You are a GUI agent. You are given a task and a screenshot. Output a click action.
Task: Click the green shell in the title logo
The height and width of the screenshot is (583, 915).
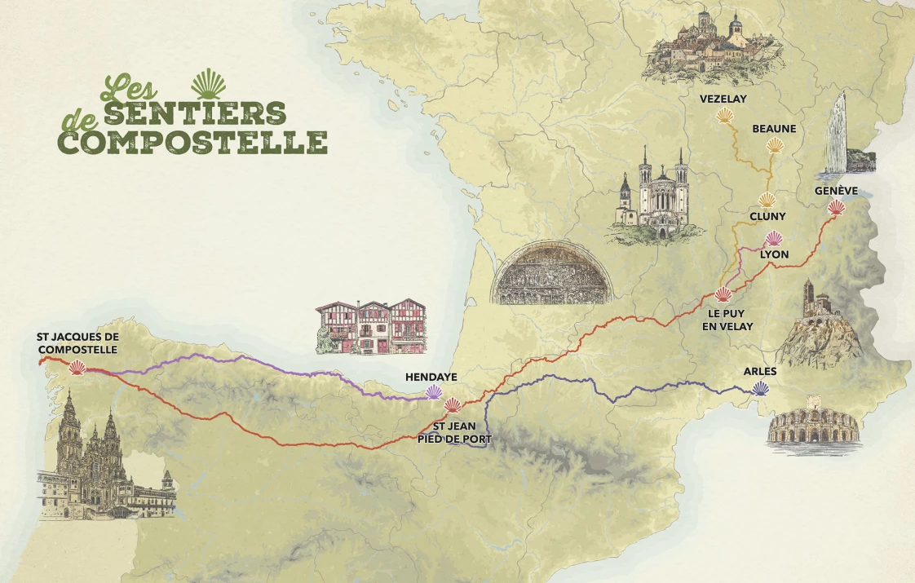click(208, 84)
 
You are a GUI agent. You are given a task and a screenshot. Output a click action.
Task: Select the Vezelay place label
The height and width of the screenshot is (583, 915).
click(723, 99)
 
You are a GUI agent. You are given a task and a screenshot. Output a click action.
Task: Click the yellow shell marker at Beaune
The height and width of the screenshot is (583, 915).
click(774, 146)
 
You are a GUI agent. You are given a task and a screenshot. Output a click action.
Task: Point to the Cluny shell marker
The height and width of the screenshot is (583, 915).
click(767, 200)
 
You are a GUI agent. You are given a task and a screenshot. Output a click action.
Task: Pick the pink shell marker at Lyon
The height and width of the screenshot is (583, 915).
click(774, 239)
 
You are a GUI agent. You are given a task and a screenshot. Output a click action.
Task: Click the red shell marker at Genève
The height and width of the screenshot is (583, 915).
click(836, 208)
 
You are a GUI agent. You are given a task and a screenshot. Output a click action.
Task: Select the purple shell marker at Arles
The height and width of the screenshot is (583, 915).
click(760, 388)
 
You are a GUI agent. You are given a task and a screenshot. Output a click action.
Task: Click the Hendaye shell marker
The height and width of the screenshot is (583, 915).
click(435, 392)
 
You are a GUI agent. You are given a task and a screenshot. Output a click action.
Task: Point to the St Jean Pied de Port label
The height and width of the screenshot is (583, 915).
click(454, 432)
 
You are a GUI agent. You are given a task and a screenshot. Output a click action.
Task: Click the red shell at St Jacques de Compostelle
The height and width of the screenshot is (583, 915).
click(77, 368)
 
